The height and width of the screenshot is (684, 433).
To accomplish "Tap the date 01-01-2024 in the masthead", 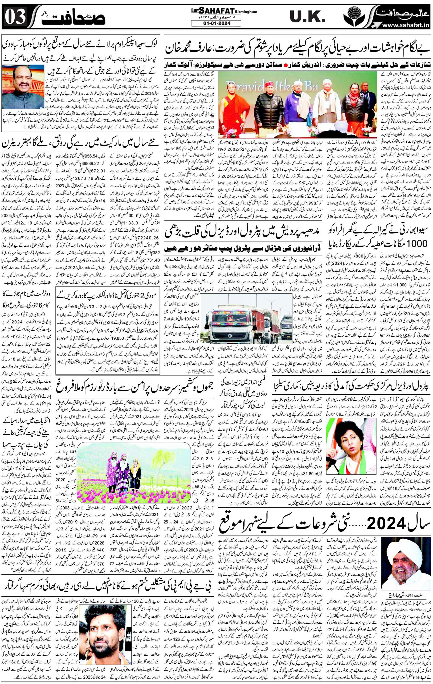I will (216, 23).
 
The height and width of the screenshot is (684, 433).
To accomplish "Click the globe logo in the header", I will (354, 17).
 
